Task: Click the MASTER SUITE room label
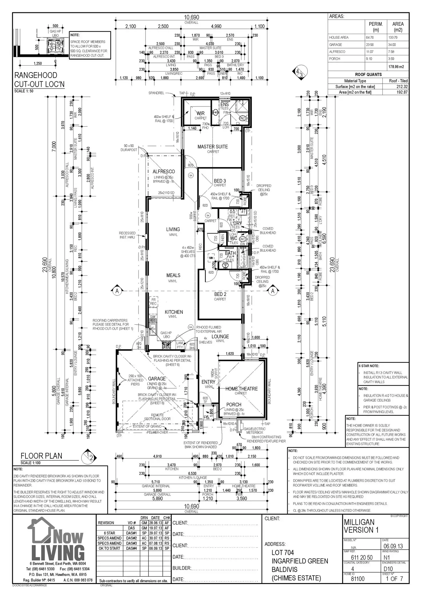coord(213,147)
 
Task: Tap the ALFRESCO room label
coord(164,171)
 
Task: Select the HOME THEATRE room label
coord(241,389)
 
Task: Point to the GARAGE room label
coord(156,379)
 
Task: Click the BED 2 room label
coord(220,294)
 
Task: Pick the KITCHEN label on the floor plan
coord(174,312)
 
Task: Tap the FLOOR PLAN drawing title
coord(41,456)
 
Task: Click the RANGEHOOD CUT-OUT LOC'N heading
coord(39,80)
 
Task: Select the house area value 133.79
coord(395,38)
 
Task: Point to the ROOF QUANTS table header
coord(368,74)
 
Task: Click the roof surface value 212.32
coord(402,86)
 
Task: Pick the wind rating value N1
coord(386,557)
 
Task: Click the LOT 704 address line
coord(283,553)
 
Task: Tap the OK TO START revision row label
coord(109,548)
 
